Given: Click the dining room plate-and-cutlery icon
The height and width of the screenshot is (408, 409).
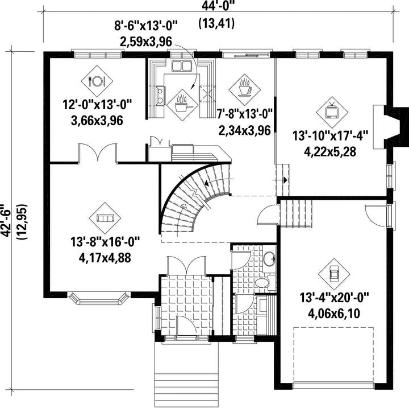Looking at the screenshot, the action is pos(97,81).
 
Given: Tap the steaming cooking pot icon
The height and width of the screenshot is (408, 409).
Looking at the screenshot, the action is pos(182,105).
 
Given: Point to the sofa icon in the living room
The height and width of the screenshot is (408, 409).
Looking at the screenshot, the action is pos(105,218).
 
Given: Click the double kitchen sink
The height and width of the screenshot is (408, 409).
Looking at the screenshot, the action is pos(182,66).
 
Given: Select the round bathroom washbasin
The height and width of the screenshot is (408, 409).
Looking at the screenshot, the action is pos(269,259).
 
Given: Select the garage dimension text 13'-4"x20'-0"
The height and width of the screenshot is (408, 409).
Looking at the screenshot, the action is pos(334,298).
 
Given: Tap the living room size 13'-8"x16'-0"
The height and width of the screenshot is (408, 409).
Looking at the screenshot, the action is pos(105,241).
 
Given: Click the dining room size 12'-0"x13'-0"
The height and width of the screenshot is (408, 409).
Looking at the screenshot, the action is pos(97,105).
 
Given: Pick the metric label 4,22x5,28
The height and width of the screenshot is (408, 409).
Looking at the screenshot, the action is pos(330,151).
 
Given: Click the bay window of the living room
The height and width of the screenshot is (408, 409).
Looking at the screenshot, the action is pos(99,299).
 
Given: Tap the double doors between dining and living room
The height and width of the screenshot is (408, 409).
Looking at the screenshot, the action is pos(98,153).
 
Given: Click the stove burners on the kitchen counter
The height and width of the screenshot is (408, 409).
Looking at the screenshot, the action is pos(160,96).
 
